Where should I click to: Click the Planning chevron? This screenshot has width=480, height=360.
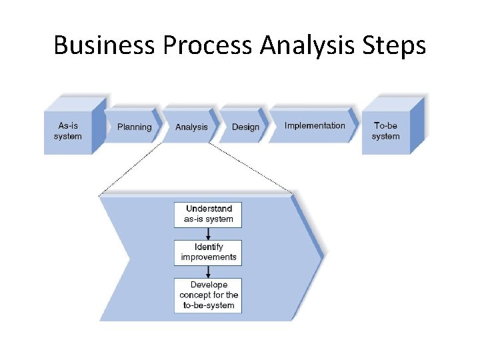pyautogui.click(x=134, y=127)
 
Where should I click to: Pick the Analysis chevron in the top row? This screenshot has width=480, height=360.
pyautogui.click(x=191, y=127)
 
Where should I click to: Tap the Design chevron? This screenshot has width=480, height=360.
pyautogui.click(x=245, y=127)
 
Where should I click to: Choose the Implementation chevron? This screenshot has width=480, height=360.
pyautogui.click(x=315, y=125)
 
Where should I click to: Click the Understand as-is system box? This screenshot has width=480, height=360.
pyautogui.click(x=208, y=214)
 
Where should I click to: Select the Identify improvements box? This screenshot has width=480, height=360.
pyautogui.click(x=208, y=252)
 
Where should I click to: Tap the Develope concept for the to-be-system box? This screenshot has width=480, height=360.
pyautogui.click(x=208, y=295)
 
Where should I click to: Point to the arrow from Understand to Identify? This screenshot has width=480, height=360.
pyautogui.click(x=209, y=233)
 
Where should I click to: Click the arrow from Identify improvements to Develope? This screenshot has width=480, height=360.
pyautogui.click(x=209, y=271)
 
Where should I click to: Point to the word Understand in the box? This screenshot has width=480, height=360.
pyautogui.click(x=209, y=209)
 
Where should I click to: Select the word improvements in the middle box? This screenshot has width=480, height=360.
pyautogui.click(x=209, y=257)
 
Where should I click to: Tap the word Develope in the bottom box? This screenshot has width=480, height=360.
pyautogui.click(x=209, y=285)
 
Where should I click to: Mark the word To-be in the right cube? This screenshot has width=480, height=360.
pyautogui.click(x=385, y=125)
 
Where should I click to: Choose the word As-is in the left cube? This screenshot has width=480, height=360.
pyautogui.click(x=68, y=125)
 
